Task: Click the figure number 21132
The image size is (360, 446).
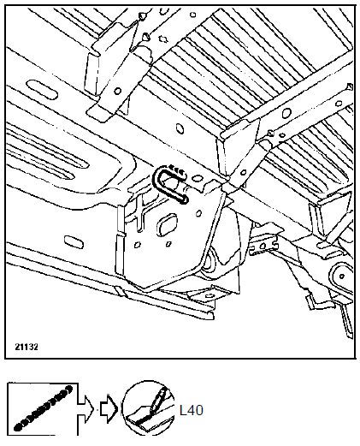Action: [27, 347]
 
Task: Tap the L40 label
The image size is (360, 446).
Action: [192, 410]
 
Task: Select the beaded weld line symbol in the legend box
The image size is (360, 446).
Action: [43, 408]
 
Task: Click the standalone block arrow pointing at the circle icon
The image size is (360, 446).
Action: [109, 408]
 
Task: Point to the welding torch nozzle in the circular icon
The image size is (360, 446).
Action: [158, 399]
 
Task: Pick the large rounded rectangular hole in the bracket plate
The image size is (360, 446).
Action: [168, 225]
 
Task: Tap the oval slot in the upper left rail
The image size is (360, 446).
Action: [42, 90]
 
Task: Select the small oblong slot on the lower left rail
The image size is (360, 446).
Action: [74, 242]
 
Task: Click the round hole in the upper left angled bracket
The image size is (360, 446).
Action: [117, 92]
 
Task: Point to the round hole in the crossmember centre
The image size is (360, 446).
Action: [180, 128]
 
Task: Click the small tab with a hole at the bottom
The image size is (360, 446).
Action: [210, 296]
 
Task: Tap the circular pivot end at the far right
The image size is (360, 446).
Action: [341, 276]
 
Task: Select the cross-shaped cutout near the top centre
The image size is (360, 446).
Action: [162, 38]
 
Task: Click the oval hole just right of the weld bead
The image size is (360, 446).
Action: [197, 179]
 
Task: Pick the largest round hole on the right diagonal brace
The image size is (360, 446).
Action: [286, 113]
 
